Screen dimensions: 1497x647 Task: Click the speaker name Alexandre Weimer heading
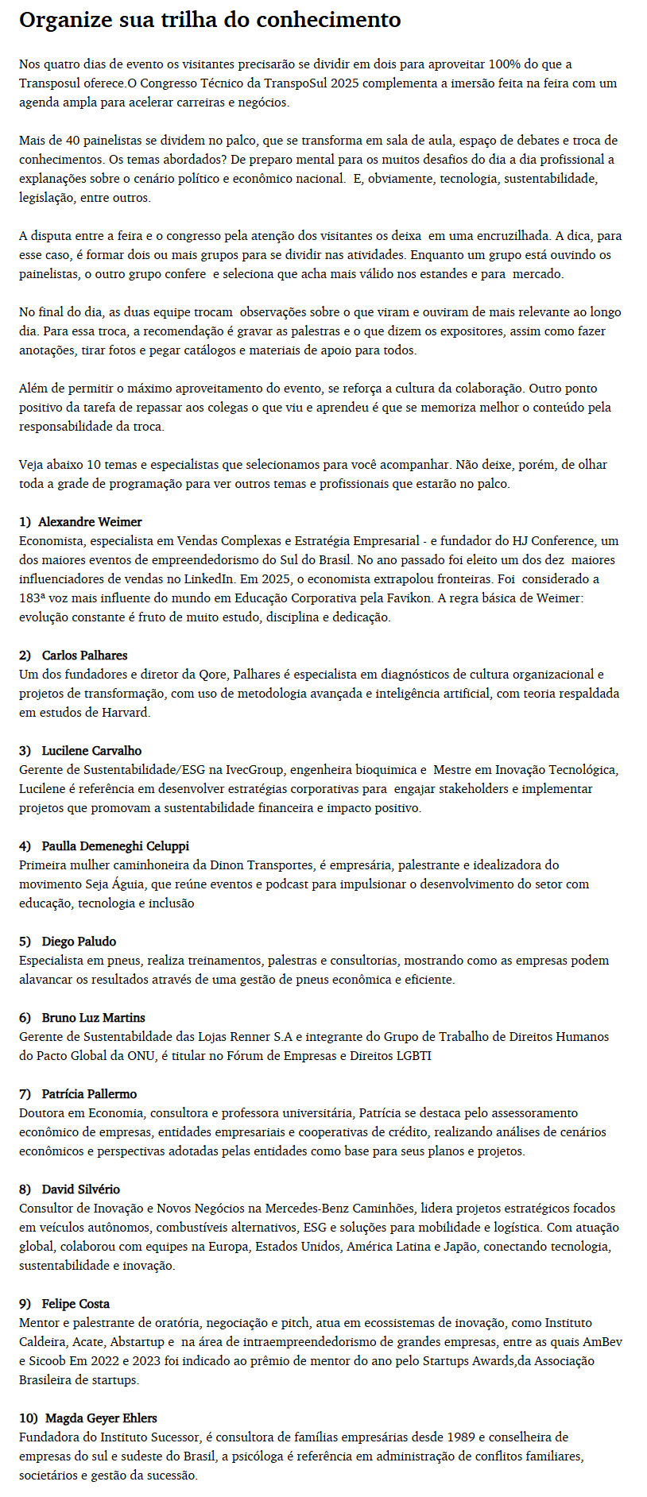click(90, 522)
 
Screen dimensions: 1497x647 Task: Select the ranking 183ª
click(34, 598)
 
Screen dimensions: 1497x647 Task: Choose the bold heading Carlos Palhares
click(84, 656)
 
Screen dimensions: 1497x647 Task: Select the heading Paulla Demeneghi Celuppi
click(115, 846)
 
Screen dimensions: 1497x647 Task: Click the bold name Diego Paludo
click(79, 942)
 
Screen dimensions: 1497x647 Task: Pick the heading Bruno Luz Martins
click(94, 1018)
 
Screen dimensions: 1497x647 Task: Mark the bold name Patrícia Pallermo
click(89, 1094)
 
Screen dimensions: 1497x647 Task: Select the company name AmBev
click(602, 1342)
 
